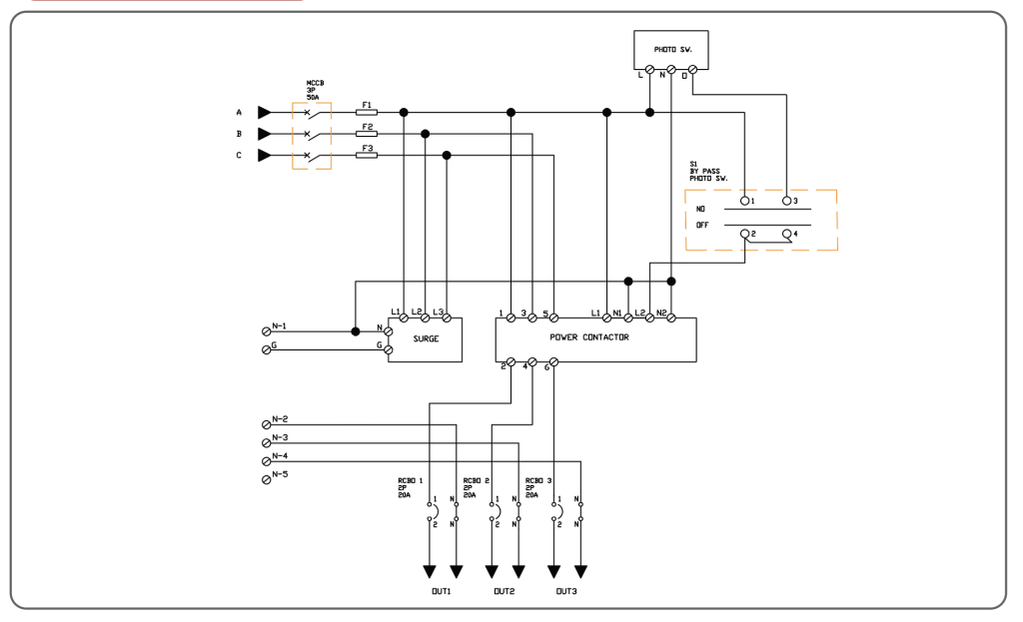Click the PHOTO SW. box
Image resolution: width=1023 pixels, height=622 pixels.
point(671,48)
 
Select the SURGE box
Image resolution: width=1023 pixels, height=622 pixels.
point(425,339)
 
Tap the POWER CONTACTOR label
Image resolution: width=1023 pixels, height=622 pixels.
point(594,337)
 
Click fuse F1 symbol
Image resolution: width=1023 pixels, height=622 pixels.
point(367,112)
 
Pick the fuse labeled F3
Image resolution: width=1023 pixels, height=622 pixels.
point(367,156)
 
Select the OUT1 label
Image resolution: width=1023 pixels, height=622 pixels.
point(443,591)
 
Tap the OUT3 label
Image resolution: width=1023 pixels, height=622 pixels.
point(566,591)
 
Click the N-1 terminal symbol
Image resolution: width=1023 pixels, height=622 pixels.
point(267,330)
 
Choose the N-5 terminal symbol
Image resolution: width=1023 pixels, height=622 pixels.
point(267,478)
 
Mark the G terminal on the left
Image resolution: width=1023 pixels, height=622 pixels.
point(267,349)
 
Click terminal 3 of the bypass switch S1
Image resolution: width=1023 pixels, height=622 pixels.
point(787,202)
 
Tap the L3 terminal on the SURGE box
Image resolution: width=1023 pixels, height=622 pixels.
point(447,317)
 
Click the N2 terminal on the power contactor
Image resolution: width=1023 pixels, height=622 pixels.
point(671,317)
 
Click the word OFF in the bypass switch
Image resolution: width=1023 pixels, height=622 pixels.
point(701,226)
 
